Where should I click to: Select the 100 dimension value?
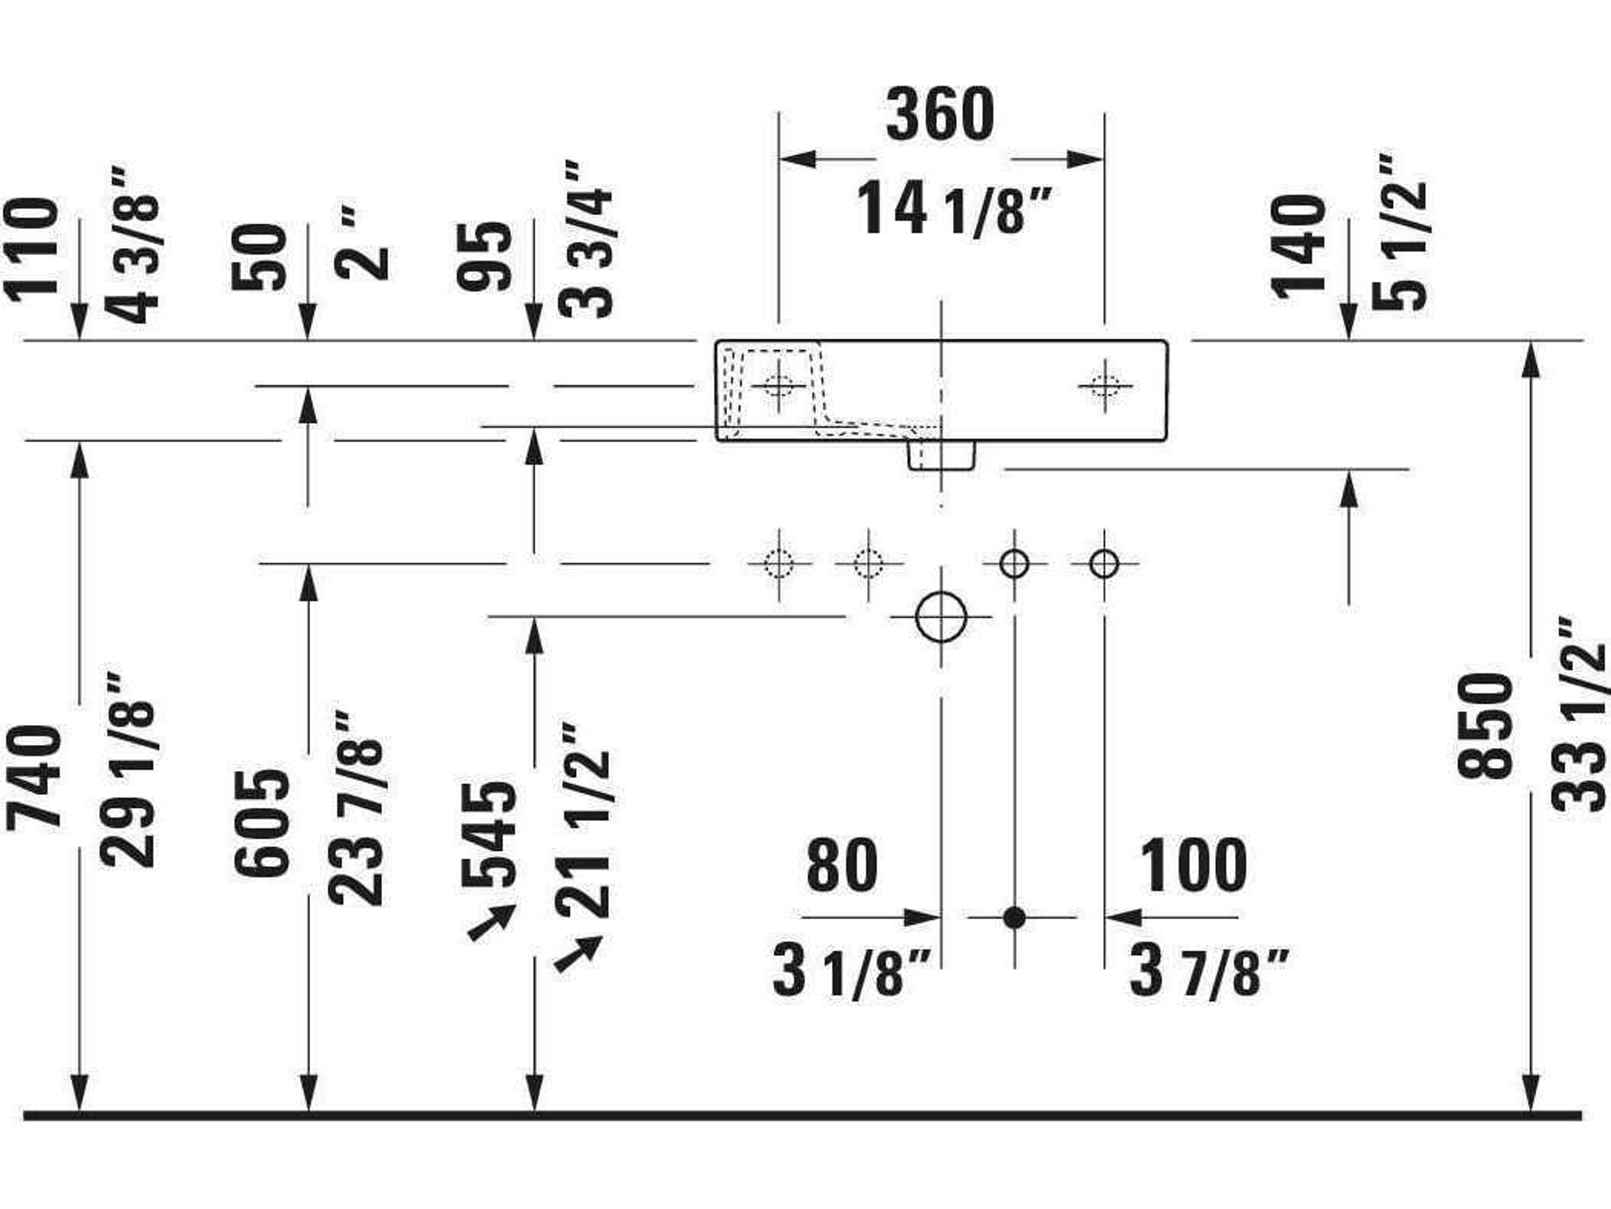click(1193, 866)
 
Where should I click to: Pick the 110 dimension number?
click(31, 249)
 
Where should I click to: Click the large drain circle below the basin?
click(941, 617)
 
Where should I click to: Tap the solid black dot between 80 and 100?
click(1014, 918)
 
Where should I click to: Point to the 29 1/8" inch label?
click(128, 769)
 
